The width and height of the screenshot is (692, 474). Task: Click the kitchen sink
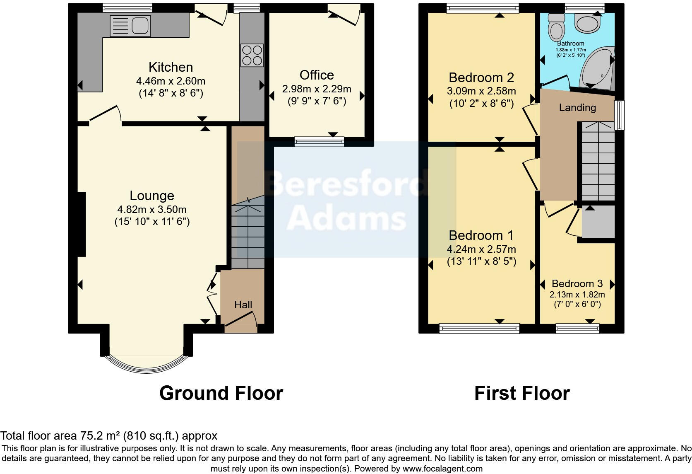(x=130, y=26)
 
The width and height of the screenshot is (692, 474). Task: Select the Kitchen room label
(x=171, y=67)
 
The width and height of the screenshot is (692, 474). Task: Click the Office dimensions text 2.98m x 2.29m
(x=317, y=89)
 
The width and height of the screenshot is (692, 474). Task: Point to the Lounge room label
(x=152, y=196)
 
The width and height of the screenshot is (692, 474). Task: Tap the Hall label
(x=243, y=305)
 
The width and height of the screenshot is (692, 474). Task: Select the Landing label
(x=577, y=108)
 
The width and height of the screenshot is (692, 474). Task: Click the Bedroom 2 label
(x=481, y=77)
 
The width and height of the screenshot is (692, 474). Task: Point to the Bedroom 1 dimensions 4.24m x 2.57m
(x=481, y=249)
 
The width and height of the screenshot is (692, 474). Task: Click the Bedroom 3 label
(x=577, y=284)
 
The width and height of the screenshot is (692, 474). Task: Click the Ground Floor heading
(x=221, y=393)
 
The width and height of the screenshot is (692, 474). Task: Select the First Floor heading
(x=522, y=393)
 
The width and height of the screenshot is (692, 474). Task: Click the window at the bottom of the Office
(x=319, y=142)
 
